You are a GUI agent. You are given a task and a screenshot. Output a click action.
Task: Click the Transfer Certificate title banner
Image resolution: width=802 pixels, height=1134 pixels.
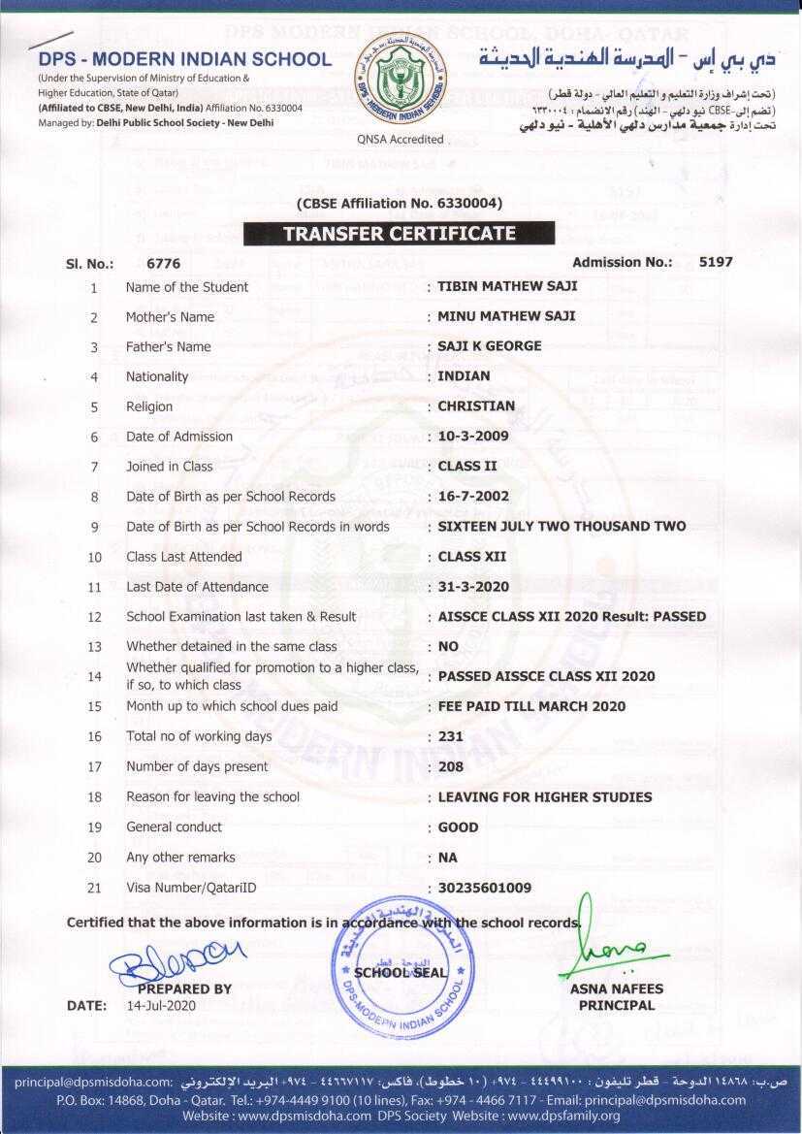(x=399, y=234)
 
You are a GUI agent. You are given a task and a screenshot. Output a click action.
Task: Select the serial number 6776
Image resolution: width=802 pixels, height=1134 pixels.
(x=163, y=263)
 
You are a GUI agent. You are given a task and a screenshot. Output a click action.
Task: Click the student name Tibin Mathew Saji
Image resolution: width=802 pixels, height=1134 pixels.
(x=507, y=286)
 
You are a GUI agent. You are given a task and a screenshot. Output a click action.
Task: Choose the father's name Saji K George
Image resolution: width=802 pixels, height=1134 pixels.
(x=490, y=346)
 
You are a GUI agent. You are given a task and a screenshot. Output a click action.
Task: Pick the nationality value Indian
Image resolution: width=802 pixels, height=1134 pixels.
(x=464, y=376)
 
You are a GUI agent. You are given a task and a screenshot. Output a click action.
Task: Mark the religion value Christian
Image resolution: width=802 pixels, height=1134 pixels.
(x=476, y=406)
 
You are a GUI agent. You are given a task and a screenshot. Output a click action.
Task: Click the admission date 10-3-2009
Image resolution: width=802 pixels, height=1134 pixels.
(x=473, y=437)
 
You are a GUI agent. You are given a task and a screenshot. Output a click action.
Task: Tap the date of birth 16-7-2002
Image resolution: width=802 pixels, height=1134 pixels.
(x=473, y=497)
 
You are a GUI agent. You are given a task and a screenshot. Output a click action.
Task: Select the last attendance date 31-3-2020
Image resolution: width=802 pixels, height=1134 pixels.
(x=473, y=587)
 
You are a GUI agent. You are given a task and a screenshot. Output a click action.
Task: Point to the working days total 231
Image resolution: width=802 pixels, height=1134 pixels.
(x=451, y=736)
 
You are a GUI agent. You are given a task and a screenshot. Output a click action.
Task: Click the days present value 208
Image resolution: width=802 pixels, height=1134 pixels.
(x=451, y=766)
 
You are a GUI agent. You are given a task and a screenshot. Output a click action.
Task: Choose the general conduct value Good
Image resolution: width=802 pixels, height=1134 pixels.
(x=458, y=827)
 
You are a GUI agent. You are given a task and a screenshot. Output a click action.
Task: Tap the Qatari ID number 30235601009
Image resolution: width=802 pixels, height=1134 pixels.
(x=485, y=888)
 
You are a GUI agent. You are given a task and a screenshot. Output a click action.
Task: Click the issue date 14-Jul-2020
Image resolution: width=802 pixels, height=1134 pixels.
(x=161, y=1006)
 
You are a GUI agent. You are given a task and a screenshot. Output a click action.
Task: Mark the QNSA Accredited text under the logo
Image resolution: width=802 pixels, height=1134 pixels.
(x=401, y=140)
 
